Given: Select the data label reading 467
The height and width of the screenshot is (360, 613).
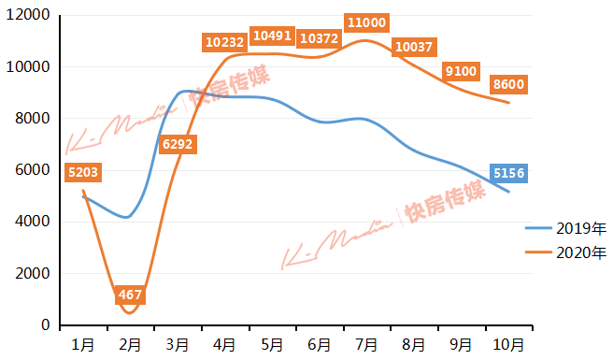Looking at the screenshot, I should point(131,295).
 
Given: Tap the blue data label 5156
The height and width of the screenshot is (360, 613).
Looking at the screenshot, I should point(509,173).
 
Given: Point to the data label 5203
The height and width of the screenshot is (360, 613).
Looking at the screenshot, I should point(83,172).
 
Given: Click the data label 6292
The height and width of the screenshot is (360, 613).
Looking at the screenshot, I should point(178,145).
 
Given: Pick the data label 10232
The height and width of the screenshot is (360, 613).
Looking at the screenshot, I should point(223,42).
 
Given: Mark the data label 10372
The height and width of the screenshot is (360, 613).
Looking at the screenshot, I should point(319,38).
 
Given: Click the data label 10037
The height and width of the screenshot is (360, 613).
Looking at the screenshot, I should point(414,47).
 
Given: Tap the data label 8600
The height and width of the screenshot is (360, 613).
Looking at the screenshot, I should point(508,84).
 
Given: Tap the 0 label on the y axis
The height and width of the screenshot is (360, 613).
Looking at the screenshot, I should point(45,324).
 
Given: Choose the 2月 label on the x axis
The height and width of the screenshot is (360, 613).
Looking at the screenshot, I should point(130,344).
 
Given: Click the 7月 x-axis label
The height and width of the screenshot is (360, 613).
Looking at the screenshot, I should point(365,344).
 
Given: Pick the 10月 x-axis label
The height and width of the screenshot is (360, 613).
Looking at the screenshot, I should point(508,344).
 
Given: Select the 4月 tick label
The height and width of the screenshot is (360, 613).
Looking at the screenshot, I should point(224,344).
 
